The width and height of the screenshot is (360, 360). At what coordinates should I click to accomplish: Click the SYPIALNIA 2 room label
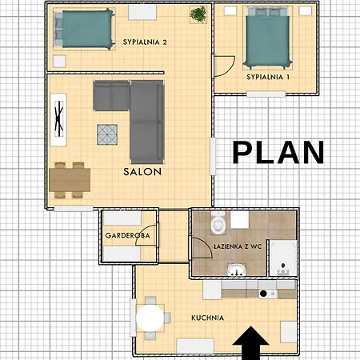click(x=145, y=42)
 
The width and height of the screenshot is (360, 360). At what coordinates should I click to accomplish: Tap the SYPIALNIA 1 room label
click(x=268, y=77)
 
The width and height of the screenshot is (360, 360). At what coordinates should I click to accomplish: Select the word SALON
click(x=142, y=172)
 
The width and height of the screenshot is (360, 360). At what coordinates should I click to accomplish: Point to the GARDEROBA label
click(x=127, y=235)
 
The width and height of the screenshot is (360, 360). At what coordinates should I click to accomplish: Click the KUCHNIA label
click(x=207, y=318)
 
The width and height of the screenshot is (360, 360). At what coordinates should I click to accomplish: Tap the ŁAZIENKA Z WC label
click(x=238, y=246)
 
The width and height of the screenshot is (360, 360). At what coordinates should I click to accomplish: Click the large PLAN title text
click(x=278, y=152)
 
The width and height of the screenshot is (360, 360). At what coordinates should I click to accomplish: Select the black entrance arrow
click(x=250, y=343)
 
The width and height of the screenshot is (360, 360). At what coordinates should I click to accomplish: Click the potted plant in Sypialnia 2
click(x=198, y=14)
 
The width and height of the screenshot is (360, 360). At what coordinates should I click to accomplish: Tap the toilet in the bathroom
click(x=218, y=222)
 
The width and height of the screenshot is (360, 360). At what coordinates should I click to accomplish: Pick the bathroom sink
click(x=236, y=270)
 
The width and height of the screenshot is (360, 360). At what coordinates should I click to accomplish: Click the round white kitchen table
click(x=150, y=318)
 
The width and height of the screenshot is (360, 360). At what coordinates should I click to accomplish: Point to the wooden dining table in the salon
click(x=70, y=180)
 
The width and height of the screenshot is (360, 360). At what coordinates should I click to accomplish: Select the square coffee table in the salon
click(x=107, y=134)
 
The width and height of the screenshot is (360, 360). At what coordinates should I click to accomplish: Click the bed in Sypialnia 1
click(x=267, y=38)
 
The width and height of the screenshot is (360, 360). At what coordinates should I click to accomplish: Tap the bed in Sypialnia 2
click(x=84, y=29)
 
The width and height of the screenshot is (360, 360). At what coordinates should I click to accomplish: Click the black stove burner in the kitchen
click(x=263, y=294)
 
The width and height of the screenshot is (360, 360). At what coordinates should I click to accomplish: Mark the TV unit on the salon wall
click(x=58, y=119)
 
